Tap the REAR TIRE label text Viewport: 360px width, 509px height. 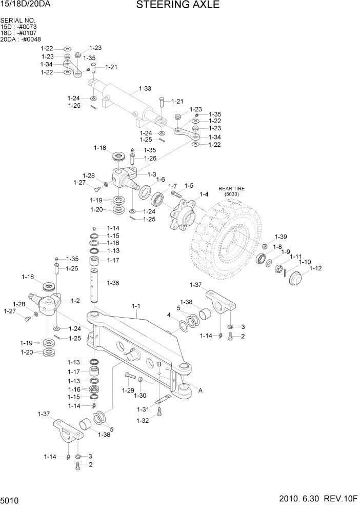tap(232, 188)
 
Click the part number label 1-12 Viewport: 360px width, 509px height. tap(315, 268)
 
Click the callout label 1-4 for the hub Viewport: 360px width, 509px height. tap(204, 194)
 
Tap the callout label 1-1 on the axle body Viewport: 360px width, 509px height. tap(136, 306)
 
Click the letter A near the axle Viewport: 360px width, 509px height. tap(201, 390)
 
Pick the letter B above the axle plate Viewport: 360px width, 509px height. tap(159, 364)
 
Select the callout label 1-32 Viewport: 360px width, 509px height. tap(143, 421)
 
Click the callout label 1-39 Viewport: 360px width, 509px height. tap(281, 237)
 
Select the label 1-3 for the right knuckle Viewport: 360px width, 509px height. tap(152, 174)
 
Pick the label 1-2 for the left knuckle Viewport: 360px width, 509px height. tap(75, 301)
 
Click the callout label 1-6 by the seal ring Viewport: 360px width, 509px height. tap(161, 180)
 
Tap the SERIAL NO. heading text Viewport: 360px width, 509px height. tap(18, 21)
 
